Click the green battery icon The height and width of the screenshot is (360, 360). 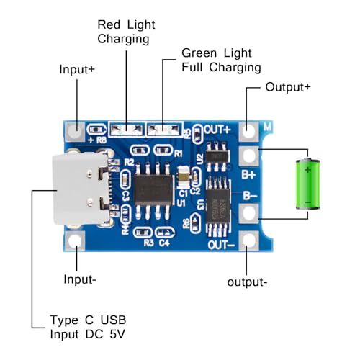tap(309, 184)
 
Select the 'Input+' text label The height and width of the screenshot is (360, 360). tap(77, 70)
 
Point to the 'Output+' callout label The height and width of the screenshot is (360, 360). tap(288, 87)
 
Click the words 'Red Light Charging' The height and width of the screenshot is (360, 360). tap(126, 32)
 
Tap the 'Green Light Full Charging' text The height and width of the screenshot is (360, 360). tap(221, 60)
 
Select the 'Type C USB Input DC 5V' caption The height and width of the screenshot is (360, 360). tap(91, 326)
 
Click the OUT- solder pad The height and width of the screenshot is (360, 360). tap(249, 240)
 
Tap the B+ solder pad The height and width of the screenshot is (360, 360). tap(249, 156)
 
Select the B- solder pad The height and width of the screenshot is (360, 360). tap(249, 212)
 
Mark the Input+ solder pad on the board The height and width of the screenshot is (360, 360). tap(75, 130)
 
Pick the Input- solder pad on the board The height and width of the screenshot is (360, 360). tap(75, 240)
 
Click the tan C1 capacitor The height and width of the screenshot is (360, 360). tap(184, 175)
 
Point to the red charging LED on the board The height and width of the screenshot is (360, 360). tap(127, 130)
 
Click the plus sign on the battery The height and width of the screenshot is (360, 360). tap(308, 170)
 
